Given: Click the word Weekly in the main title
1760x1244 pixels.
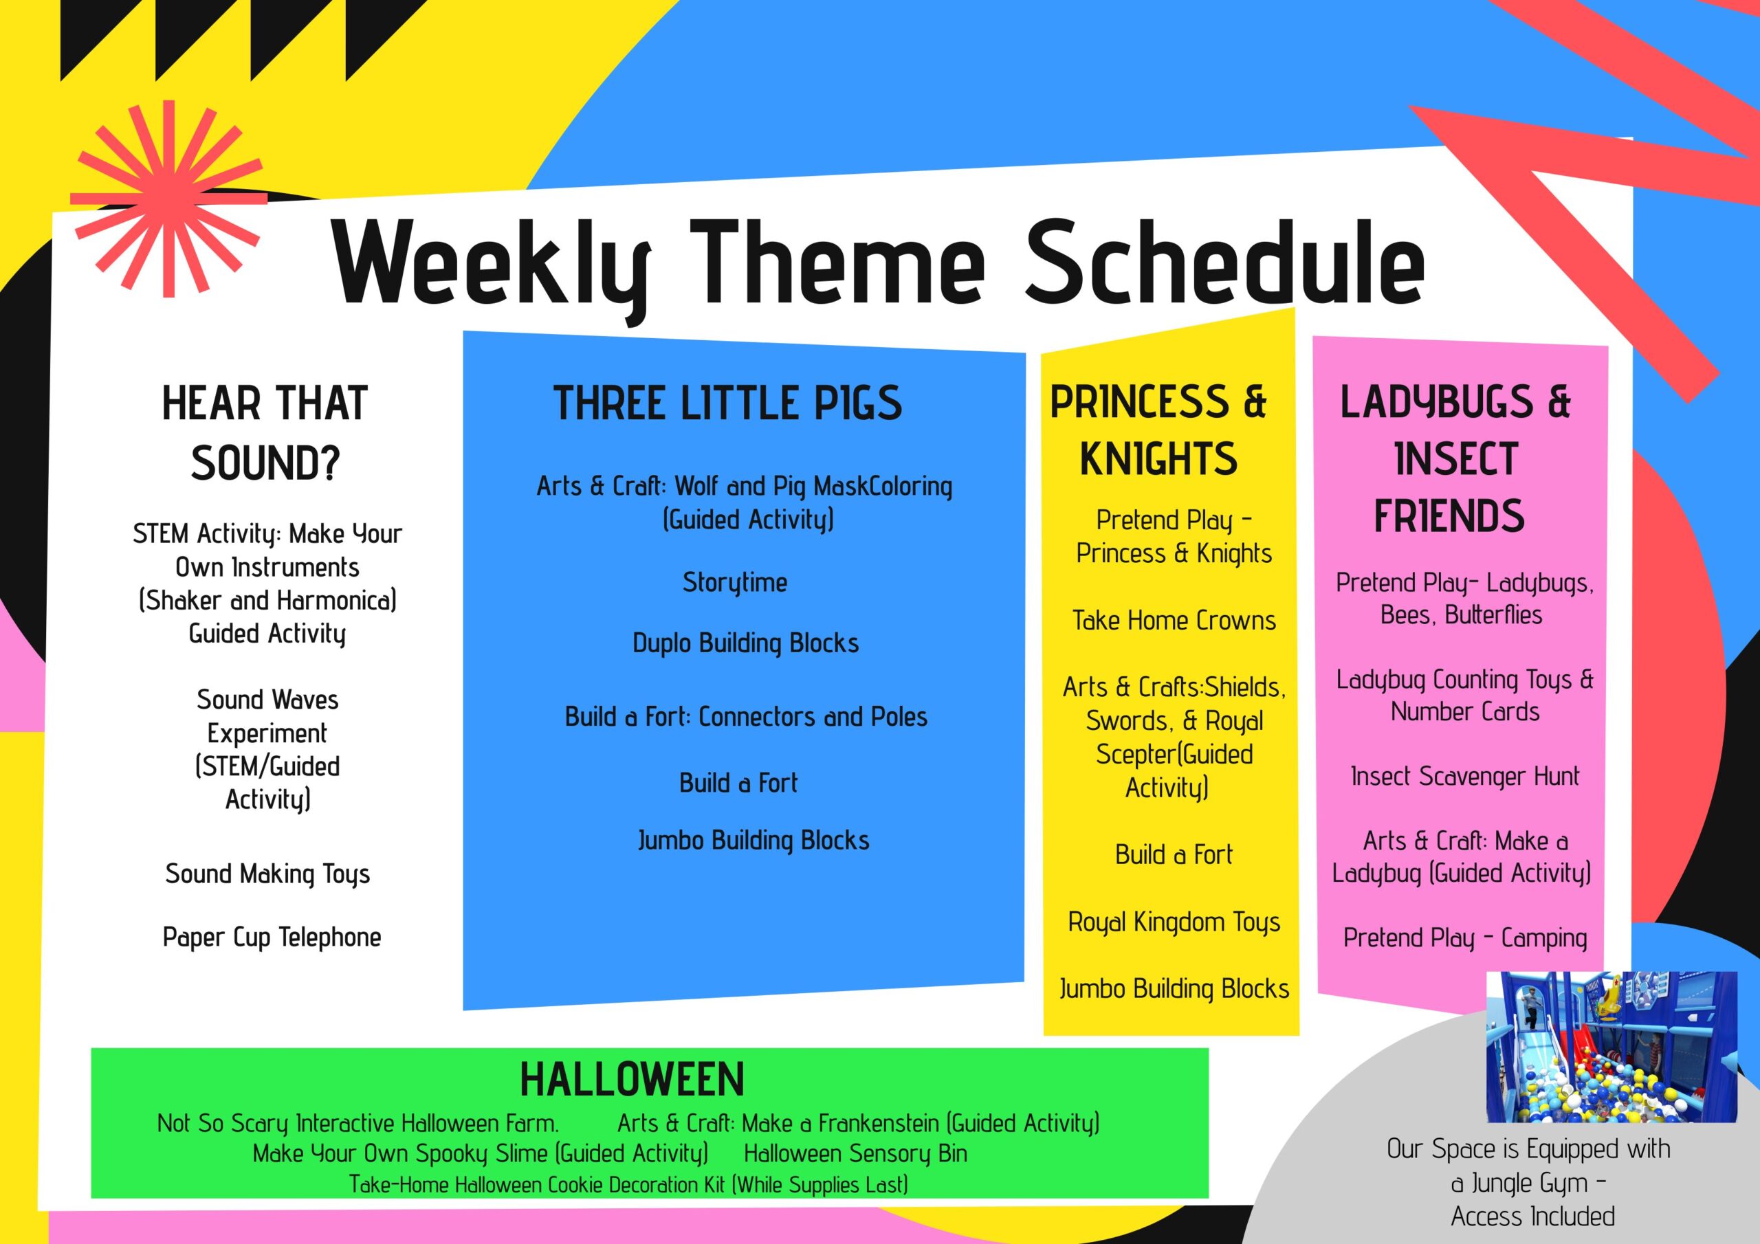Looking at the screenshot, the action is [492, 267].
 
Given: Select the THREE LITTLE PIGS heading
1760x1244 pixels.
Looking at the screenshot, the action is [727, 403].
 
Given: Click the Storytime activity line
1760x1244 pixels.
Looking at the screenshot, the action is [735, 584].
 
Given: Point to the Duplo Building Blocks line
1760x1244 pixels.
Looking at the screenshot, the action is [746, 643].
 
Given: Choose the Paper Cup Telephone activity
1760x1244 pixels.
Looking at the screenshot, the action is [272, 937].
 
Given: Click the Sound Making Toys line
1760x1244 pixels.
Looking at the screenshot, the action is [267, 874].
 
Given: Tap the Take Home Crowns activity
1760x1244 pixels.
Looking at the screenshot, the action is [1174, 620].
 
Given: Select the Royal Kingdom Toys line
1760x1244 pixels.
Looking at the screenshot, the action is [1174, 922].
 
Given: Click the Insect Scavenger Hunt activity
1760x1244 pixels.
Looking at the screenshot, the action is [1465, 777].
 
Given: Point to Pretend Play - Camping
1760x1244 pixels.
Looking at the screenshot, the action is [1465, 937].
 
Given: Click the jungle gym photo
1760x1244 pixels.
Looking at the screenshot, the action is [1612, 1047].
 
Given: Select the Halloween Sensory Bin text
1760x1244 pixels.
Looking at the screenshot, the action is [855, 1153].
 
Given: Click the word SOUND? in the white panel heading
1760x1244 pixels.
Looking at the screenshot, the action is [265, 463].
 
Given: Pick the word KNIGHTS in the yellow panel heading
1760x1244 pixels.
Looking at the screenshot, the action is [1158, 458].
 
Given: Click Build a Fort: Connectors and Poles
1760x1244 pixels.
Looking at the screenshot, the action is [746, 717].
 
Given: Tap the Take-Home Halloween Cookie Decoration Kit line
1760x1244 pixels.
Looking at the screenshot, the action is [628, 1184].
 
